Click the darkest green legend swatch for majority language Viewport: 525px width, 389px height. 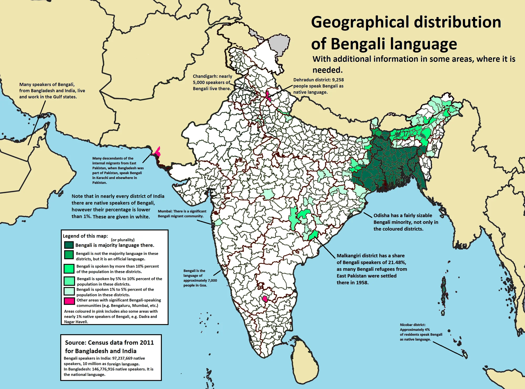69,245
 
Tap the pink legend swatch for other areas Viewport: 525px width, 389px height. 69,301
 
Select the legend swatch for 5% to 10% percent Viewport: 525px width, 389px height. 69,281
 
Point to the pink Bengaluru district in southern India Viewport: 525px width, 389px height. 265,299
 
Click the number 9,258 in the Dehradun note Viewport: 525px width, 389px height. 338,80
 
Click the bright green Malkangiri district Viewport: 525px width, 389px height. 313,235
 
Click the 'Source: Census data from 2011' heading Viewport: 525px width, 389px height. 109,343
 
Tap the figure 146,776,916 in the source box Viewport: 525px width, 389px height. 104,369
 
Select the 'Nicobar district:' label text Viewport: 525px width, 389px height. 413,325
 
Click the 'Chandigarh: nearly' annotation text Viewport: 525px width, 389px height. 212,76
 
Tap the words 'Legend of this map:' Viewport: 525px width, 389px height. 85,236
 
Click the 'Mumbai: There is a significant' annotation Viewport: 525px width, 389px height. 182,211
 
